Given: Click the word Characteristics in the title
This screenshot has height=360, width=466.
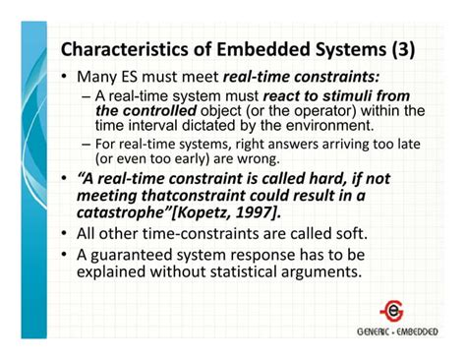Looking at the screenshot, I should click(x=119, y=49).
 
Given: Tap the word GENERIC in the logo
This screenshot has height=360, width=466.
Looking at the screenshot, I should click(x=373, y=331).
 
